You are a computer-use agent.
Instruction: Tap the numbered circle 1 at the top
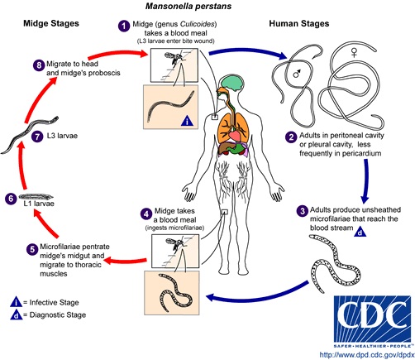click(124, 26)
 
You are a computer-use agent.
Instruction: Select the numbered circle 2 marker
click(291, 137)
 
